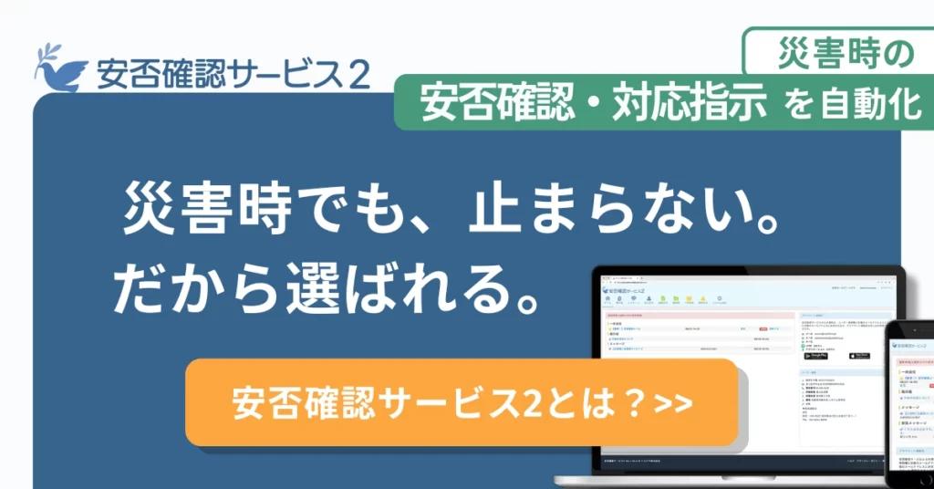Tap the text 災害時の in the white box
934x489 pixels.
pyautogui.click(x=845, y=54)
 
